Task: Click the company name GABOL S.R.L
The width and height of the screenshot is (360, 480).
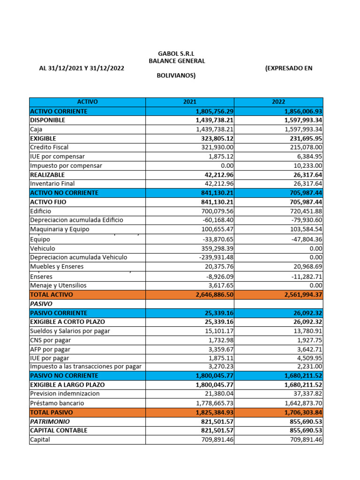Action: pos(176,54)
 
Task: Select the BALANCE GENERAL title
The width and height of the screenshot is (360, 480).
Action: pos(177,61)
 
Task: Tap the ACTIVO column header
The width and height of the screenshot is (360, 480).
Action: pos(87,102)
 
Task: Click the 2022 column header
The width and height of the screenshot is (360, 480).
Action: pos(278,102)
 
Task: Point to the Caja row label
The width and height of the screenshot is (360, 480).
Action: pos(36,129)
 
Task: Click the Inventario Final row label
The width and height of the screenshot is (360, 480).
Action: pos(52,184)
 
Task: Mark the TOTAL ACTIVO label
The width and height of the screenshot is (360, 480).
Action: pos(52,295)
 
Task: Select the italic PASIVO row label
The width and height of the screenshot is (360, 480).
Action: pos(41,304)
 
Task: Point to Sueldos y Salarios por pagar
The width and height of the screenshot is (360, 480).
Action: pos(70,331)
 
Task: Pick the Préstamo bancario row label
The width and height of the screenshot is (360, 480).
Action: pos(57,403)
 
